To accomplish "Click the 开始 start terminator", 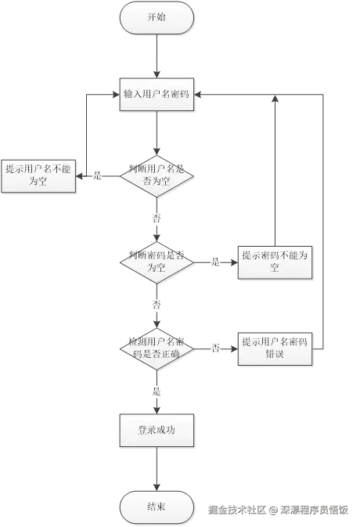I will (x=157, y=16).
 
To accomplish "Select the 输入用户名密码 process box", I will (x=157, y=94).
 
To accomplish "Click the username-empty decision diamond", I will (x=157, y=175).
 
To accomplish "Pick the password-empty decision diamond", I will (x=157, y=262).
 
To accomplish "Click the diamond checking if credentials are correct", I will (x=157, y=347).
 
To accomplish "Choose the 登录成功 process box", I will (x=157, y=430).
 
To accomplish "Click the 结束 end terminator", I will (x=157, y=507).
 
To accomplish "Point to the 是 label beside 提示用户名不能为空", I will (x=99, y=176).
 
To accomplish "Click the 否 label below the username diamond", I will (x=157, y=218).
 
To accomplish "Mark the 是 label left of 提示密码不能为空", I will (x=215, y=262).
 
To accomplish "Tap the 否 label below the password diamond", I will (x=157, y=305).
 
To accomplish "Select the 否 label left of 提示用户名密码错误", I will (x=215, y=347).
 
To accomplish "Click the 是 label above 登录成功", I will (x=157, y=389).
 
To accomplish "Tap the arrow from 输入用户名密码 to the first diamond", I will (x=157, y=133).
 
